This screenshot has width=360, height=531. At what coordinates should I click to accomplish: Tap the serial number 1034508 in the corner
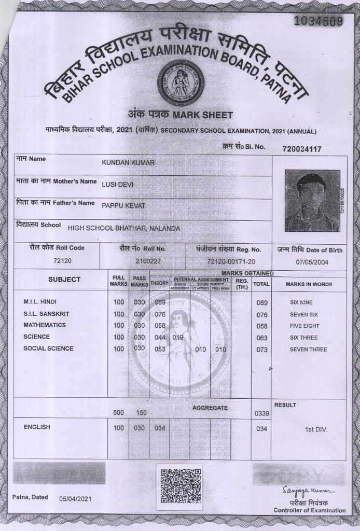(319, 21)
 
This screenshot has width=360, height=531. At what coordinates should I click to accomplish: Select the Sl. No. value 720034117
(302, 149)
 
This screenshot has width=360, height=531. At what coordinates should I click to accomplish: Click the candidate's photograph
(312, 201)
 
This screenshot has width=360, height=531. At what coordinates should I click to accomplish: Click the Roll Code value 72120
(62, 261)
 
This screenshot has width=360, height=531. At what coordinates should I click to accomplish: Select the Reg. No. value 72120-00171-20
(231, 261)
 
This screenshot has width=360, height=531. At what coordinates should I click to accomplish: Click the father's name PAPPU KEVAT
(123, 206)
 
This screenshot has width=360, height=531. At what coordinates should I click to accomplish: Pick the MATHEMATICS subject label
(45, 325)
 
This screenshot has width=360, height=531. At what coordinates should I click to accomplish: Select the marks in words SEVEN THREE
(308, 350)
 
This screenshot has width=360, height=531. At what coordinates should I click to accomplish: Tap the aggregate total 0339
(261, 413)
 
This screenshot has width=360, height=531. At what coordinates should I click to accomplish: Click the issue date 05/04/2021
(75, 498)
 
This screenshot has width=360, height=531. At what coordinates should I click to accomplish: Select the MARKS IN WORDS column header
(309, 284)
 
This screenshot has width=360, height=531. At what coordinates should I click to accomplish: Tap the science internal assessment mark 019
(178, 338)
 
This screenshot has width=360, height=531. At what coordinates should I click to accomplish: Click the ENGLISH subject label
(37, 427)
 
